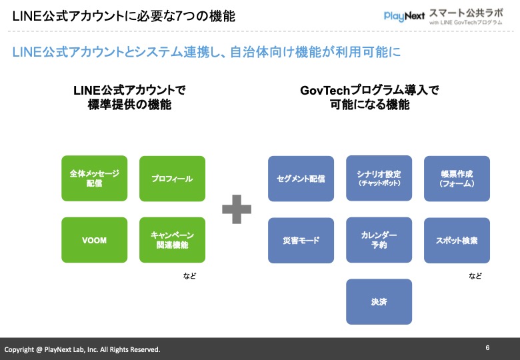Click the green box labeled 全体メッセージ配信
pyautogui.click(x=94, y=178)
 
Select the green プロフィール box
pyautogui.click(x=172, y=178)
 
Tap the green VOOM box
pyautogui.click(x=94, y=240)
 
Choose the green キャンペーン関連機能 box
pyautogui.click(x=172, y=240)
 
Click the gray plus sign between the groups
pyautogui.click(x=237, y=209)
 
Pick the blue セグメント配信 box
pyautogui.click(x=301, y=179)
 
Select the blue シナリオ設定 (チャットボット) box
pyautogui.click(x=379, y=178)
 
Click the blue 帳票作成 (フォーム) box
pyautogui.click(x=457, y=178)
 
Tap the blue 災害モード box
pyautogui.click(x=301, y=240)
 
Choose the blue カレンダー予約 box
pyautogui.click(x=379, y=240)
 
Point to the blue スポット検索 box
pyautogui.click(x=457, y=240)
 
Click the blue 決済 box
pyautogui.click(x=379, y=301)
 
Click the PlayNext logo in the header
pyautogui.click(x=404, y=16)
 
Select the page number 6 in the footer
pyautogui.click(x=487, y=348)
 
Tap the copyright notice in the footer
pyautogui.click(x=83, y=349)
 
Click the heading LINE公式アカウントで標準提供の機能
pyautogui.click(x=129, y=97)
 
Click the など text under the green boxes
pyautogui.click(x=189, y=275)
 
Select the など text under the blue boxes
pyautogui.click(x=475, y=275)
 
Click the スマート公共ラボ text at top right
pyautogui.click(x=465, y=12)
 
